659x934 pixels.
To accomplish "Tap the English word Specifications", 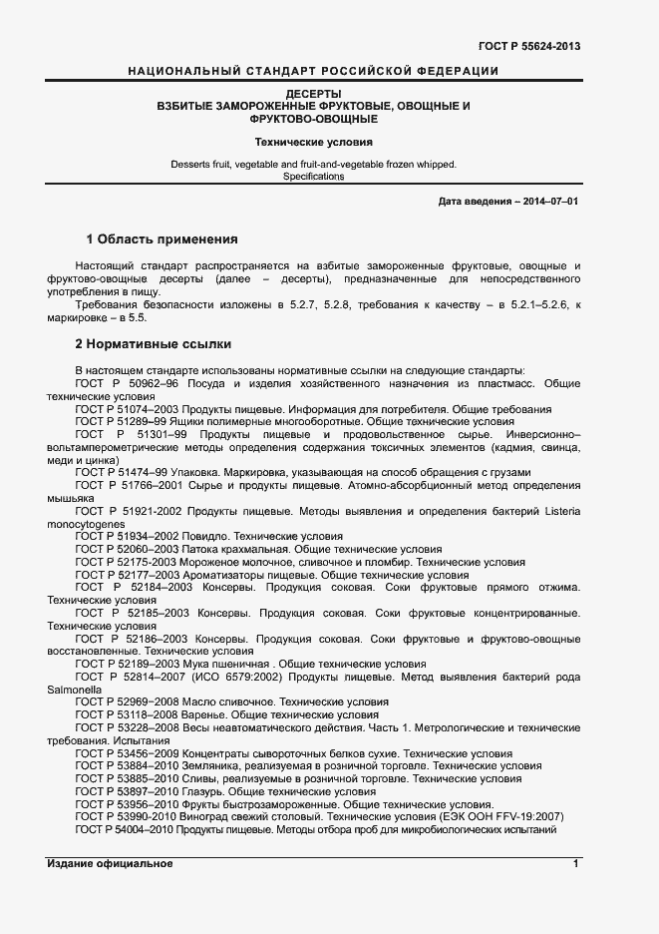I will click(314, 177).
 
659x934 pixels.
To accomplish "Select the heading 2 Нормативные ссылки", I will click(154, 344).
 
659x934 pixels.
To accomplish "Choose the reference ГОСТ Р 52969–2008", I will click(126, 701).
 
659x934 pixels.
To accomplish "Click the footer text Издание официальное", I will click(110, 864).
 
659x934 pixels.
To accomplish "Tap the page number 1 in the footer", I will click(576, 864).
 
